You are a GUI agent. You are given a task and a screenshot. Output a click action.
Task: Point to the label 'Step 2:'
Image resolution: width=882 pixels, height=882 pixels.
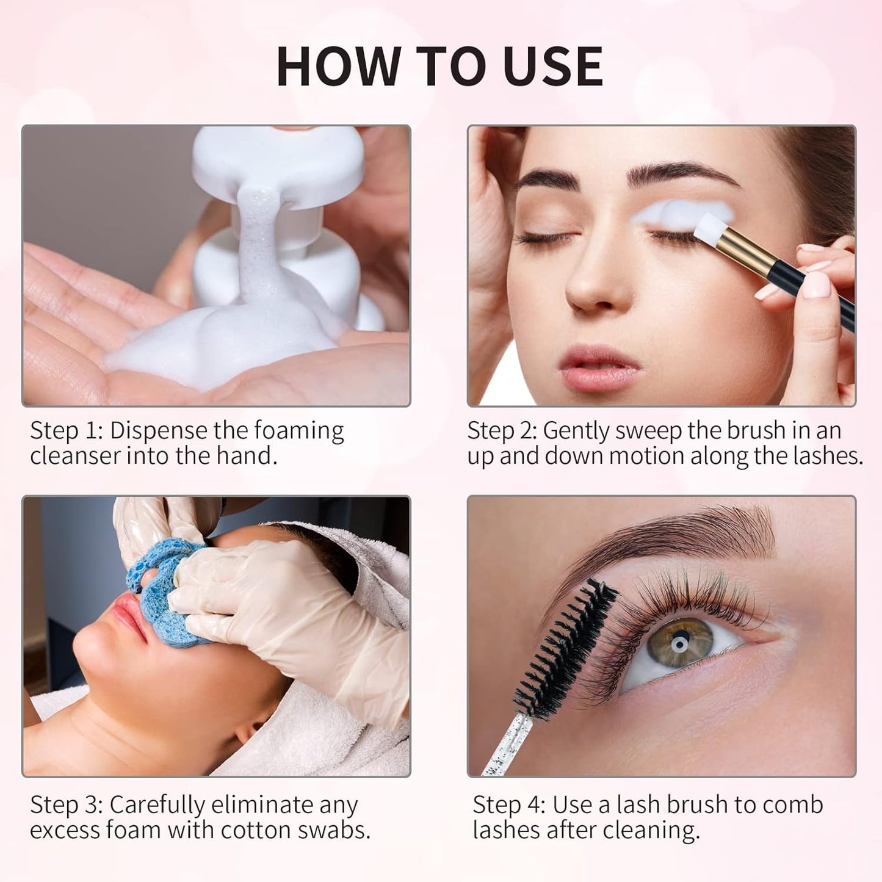[502, 431]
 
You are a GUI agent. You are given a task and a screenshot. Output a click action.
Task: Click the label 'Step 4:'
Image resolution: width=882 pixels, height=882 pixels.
[509, 805]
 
